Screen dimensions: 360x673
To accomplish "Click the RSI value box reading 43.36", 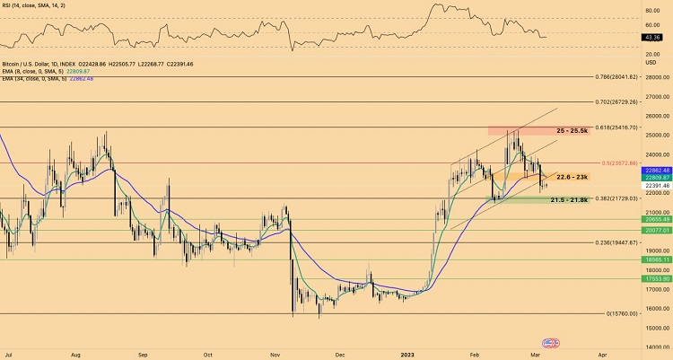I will [653, 37].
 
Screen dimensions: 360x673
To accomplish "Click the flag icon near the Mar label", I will [551, 343].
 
